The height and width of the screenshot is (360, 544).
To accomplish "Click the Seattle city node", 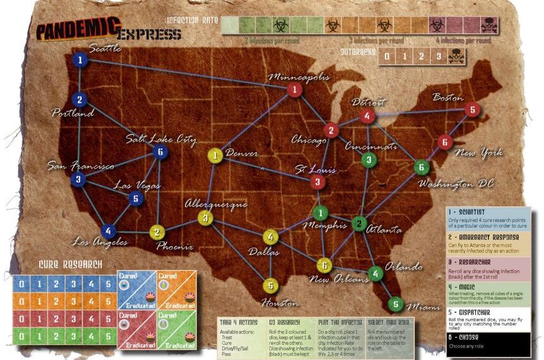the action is click(x=80, y=61).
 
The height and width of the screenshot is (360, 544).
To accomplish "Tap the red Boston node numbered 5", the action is click(x=471, y=110).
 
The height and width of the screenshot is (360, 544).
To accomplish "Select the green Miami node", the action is click(x=396, y=304).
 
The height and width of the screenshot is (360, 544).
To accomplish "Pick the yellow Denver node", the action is click(x=216, y=155).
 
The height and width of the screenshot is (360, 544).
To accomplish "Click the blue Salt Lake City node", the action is click(x=161, y=152).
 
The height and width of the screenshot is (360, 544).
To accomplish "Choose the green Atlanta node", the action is click(x=359, y=224).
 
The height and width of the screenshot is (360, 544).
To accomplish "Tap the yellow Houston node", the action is click(x=270, y=285).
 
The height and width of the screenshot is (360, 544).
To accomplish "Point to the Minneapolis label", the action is click(x=299, y=77).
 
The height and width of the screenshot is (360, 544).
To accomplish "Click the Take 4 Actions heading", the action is click(x=239, y=321).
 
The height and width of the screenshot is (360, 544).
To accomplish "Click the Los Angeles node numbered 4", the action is click(x=109, y=231).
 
